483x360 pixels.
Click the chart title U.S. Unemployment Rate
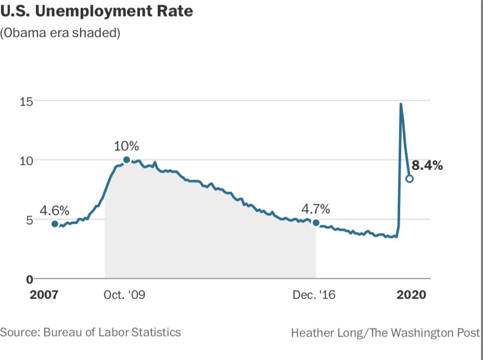[96, 11]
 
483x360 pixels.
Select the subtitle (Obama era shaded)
[60, 33]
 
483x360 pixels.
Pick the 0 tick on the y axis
[30, 279]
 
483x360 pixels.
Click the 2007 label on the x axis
[45, 295]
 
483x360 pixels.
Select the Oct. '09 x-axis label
[124, 295]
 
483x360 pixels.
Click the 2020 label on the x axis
[411, 295]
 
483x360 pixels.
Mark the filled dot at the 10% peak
[126, 160]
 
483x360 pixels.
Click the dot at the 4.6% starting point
[55, 224]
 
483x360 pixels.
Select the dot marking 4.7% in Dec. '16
[316, 223]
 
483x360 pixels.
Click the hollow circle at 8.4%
[410, 178]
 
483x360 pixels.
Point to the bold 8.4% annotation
[427, 166]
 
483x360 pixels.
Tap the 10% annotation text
[126, 146]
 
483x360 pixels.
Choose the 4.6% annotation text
[55, 211]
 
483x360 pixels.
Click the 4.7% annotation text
[316, 209]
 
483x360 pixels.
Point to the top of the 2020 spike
[400, 104]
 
